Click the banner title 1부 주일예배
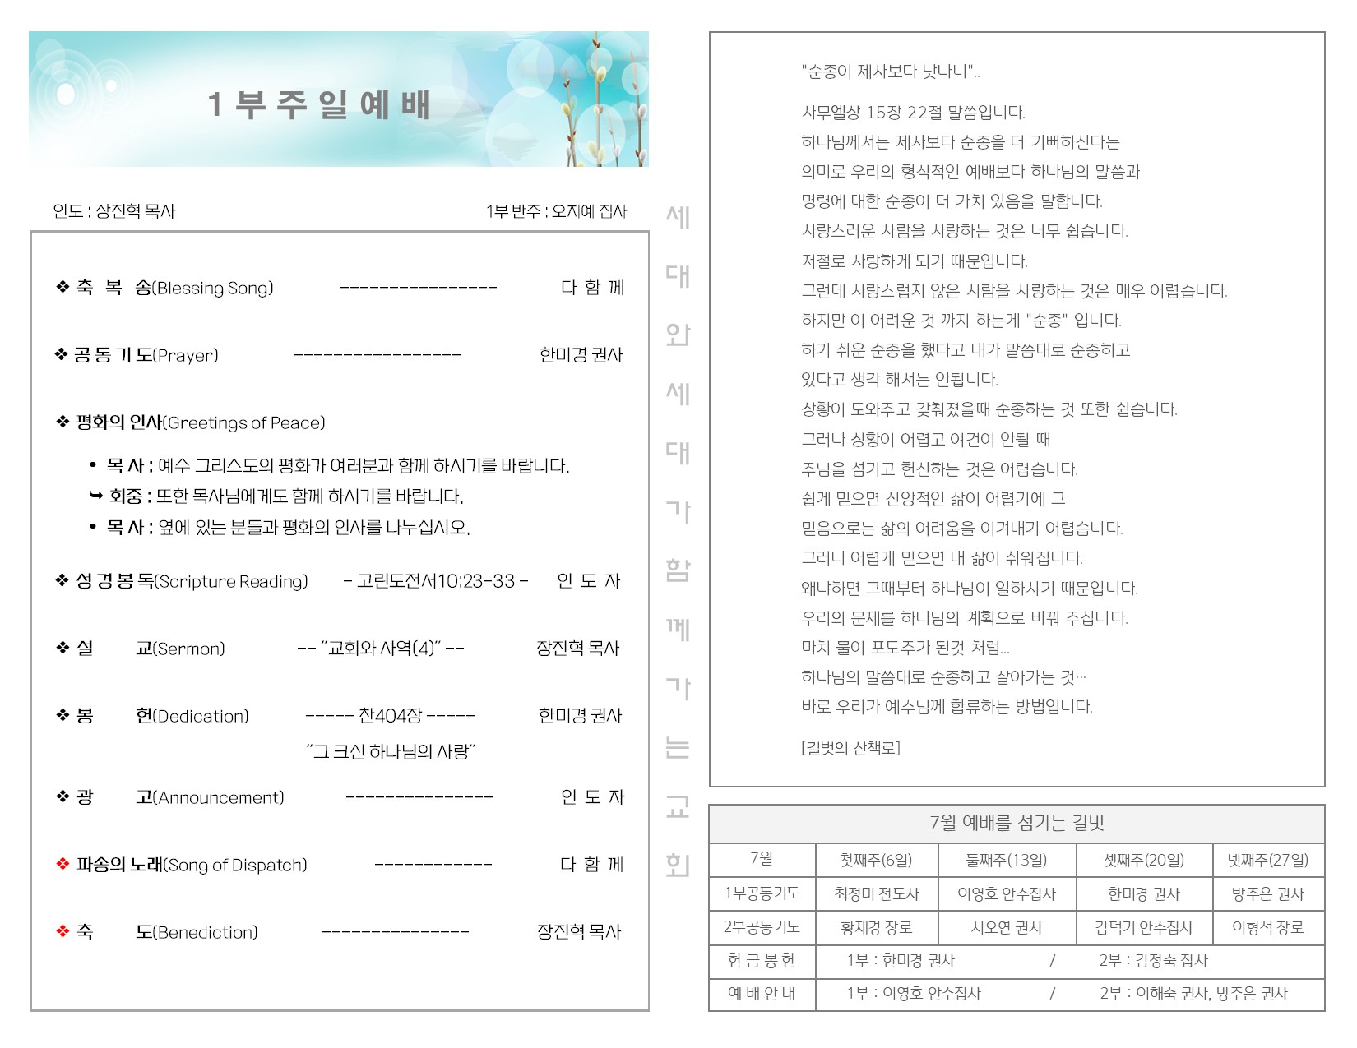point(319,105)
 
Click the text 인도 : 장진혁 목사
point(114,211)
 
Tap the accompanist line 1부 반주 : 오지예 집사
point(556,211)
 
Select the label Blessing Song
point(214,289)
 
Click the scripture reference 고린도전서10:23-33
point(436,581)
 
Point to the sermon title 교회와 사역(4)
point(381,649)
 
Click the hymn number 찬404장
point(390,716)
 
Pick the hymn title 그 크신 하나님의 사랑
point(391,751)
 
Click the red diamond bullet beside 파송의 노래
point(63,865)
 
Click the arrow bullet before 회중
point(95,496)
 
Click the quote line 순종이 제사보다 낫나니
point(890,72)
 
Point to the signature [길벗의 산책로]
point(850,748)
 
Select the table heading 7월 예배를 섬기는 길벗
point(1017,823)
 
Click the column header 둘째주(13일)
point(1007,861)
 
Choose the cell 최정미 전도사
point(876,894)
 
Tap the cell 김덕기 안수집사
point(1143,928)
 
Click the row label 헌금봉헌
point(762,961)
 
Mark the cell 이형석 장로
point(1267,928)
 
